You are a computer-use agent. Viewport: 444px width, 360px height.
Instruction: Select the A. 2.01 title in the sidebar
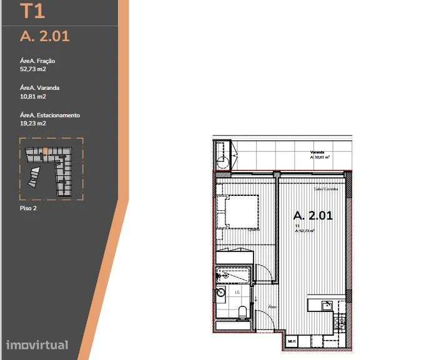[x=44, y=36]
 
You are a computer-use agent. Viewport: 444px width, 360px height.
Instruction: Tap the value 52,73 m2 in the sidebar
[x=33, y=70]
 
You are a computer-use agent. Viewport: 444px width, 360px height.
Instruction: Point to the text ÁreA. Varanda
[x=40, y=88]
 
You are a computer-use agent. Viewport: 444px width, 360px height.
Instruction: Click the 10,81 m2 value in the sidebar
[x=33, y=97]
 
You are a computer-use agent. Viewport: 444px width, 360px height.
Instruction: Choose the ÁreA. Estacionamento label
[x=50, y=115]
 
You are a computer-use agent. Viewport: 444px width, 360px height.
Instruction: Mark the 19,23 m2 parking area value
[x=33, y=124]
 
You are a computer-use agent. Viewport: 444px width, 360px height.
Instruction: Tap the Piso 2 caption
[x=29, y=208]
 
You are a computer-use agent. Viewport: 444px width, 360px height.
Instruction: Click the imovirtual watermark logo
[x=37, y=344]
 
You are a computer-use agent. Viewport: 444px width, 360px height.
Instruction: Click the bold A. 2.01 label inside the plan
[x=313, y=216]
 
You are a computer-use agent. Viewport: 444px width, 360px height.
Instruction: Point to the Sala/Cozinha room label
[x=325, y=188]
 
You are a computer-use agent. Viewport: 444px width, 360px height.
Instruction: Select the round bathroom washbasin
[x=221, y=291]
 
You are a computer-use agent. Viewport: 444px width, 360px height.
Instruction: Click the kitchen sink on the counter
[x=326, y=305]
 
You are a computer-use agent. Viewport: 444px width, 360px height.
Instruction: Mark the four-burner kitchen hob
[x=340, y=323]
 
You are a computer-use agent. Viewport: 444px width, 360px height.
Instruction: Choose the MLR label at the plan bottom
[x=292, y=342]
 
